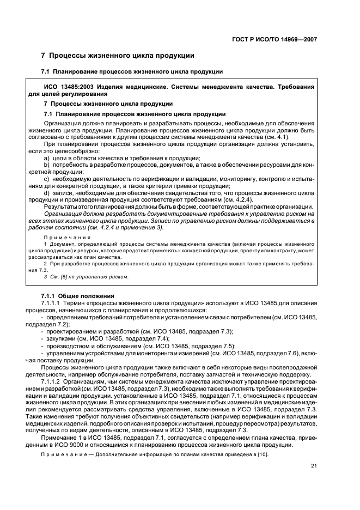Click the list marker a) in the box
click(47, 157)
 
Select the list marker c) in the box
click(47, 178)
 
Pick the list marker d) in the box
click(47, 192)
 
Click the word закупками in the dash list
click(63, 338)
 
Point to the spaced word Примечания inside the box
click(66, 238)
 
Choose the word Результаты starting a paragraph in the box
click(62, 207)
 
